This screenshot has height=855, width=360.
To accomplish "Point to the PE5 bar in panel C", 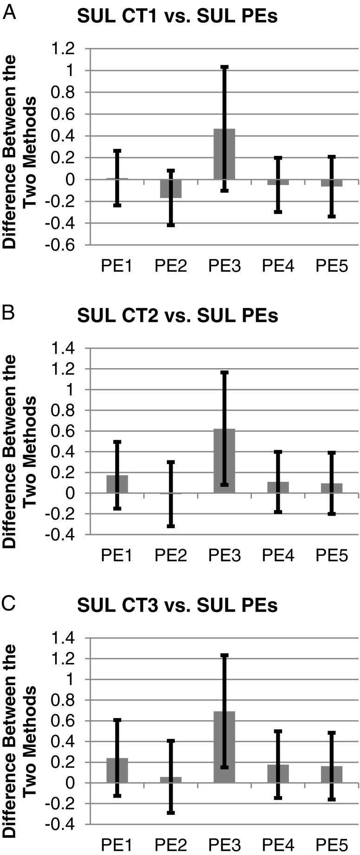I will (x=331, y=774).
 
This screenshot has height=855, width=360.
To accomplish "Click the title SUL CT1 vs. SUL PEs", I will (x=177, y=17).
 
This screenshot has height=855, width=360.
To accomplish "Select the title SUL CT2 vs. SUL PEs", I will (x=177, y=316).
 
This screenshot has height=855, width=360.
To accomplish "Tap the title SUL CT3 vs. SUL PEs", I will (x=177, y=606).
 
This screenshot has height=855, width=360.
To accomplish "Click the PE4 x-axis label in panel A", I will (x=277, y=267).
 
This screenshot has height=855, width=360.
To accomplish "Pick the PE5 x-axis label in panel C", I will (x=331, y=845).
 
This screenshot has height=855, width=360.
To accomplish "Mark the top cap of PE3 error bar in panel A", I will (x=224, y=67).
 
